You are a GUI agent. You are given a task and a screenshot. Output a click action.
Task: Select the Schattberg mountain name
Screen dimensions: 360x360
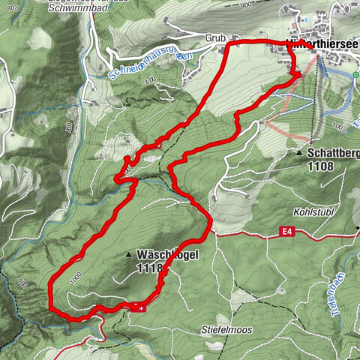pos(331,152)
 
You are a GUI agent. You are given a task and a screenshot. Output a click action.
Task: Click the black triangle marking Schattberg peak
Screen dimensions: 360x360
pos(298,153)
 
